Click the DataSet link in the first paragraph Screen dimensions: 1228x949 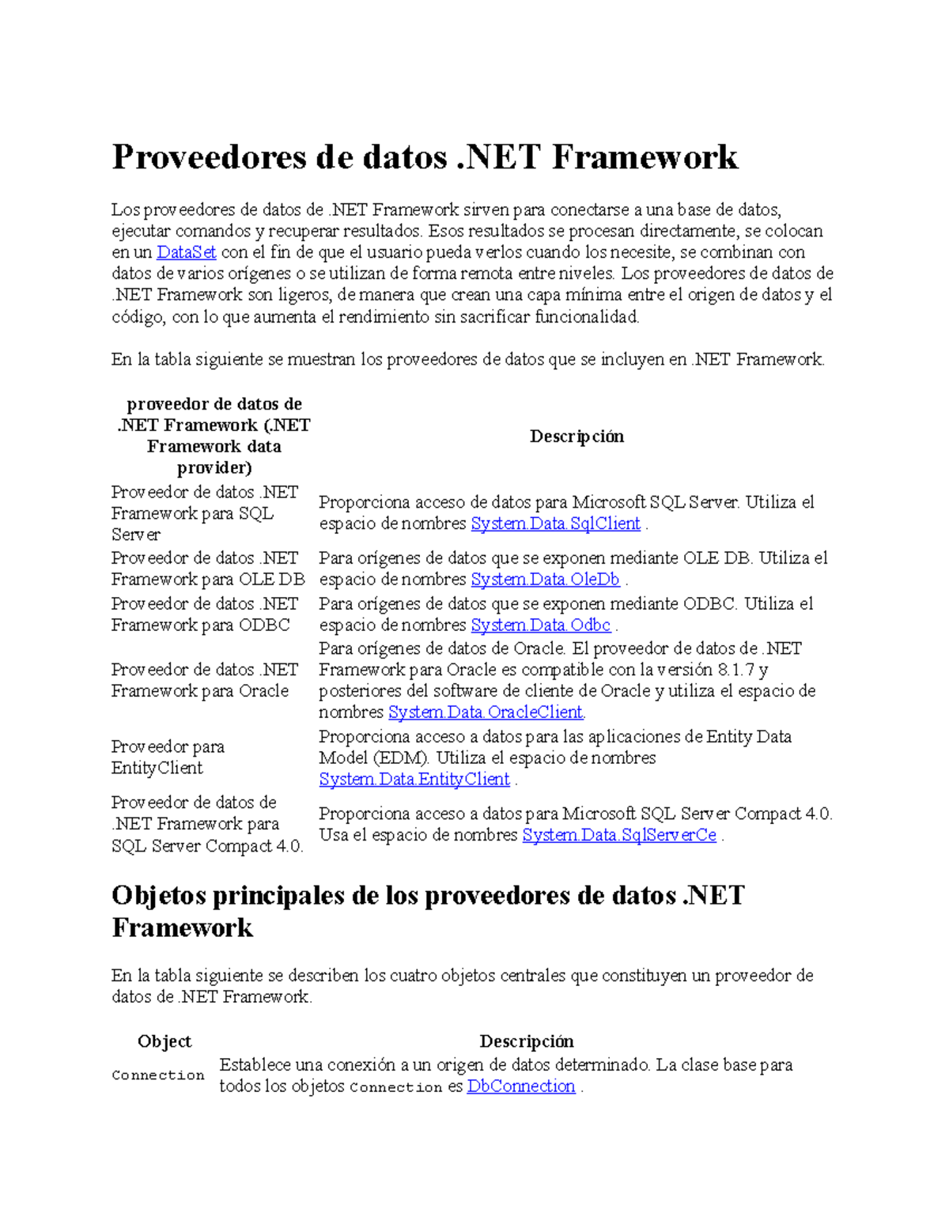tap(186, 252)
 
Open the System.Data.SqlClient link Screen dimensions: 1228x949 tap(555, 523)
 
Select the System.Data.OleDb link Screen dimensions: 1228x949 tap(545, 580)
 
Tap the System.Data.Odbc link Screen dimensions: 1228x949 tap(541, 625)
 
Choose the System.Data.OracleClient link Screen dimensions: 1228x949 tap(486, 712)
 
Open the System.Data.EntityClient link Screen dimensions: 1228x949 tap(414, 780)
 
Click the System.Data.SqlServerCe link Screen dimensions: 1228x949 tap(619, 836)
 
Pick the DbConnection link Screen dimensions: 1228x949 tap(521, 1086)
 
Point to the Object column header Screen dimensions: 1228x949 tap(164, 1041)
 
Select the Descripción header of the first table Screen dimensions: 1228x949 tap(577, 436)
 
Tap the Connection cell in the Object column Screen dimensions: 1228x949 tap(158, 1075)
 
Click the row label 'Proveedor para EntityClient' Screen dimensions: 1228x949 tap(168, 758)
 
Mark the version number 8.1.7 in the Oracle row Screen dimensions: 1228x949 tap(735, 670)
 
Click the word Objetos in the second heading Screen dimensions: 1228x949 tap(157, 896)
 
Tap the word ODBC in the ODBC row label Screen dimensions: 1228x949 tap(264, 625)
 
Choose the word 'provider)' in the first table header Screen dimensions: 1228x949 tap(214, 468)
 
